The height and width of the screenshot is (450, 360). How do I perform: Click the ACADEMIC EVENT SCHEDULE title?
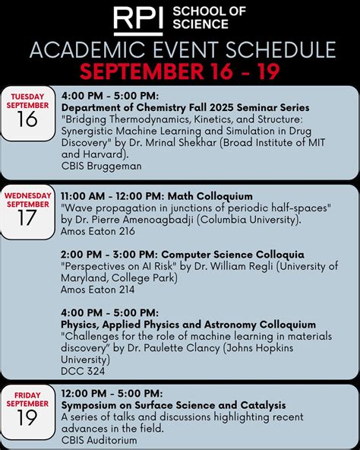[182, 50]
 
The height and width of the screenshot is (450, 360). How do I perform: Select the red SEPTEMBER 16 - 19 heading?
[182, 71]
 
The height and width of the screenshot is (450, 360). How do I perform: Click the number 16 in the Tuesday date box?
[27, 119]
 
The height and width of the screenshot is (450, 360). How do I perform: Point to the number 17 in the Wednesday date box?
[27, 218]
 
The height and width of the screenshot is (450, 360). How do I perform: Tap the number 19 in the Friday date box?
[27, 417]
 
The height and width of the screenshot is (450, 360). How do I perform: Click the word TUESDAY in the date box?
[27, 97]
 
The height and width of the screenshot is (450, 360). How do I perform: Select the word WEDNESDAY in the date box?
[27, 195]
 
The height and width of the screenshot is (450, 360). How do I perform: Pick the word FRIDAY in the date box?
[27, 395]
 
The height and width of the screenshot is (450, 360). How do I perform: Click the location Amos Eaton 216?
[99, 231]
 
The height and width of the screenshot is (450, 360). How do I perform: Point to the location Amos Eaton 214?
[99, 290]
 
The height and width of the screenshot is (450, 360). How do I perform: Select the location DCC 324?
[83, 371]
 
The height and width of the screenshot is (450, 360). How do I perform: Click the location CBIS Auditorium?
[99, 439]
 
